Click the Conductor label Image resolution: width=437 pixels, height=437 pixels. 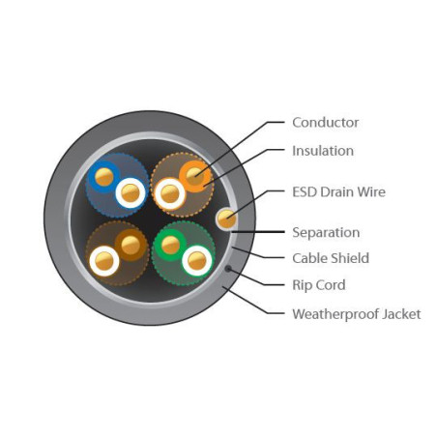325,123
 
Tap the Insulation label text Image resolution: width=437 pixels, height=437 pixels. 323,151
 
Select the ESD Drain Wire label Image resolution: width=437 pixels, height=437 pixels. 338,192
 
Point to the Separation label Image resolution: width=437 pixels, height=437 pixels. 326,232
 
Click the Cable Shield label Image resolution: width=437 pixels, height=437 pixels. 331,258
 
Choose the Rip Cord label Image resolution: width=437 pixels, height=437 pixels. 319,285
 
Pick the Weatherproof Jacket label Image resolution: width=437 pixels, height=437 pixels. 357,314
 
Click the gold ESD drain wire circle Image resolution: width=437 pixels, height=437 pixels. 226,218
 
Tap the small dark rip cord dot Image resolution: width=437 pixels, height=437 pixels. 228,269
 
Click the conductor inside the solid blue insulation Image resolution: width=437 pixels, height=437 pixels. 104,177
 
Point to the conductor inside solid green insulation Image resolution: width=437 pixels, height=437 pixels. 170,245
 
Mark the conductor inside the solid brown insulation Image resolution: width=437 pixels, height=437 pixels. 131,245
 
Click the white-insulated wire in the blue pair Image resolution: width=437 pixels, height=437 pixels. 131,192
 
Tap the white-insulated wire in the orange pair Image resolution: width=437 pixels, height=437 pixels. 169,194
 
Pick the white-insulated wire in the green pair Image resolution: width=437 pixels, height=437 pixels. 197,261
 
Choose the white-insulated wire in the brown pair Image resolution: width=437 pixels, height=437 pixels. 104,261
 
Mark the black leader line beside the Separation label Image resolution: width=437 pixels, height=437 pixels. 258,232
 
